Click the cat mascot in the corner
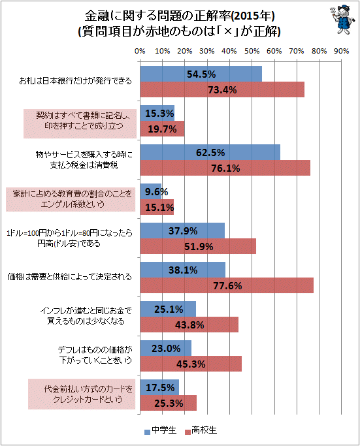coord(342,20)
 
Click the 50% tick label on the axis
coord(252,51)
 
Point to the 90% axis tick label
coord(341,51)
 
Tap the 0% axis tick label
coord(140,51)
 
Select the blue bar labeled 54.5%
coord(201,74)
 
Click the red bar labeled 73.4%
coord(222,89)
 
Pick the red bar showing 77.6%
coord(227,285)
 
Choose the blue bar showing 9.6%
coord(151,191)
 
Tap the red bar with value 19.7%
coord(162,129)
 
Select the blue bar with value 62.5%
coord(210,152)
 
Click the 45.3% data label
coord(191,364)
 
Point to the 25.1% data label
coord(169,309)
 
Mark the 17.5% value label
coord(160,387)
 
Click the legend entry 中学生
coord(161,430)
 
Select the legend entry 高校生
coord(201,430)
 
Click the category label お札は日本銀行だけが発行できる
coord(75,81)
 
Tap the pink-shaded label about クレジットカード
coord(82,394)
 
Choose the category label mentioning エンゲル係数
coord(71,199)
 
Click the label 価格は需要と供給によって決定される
coord(70,277)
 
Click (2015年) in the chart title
coord(253,16)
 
